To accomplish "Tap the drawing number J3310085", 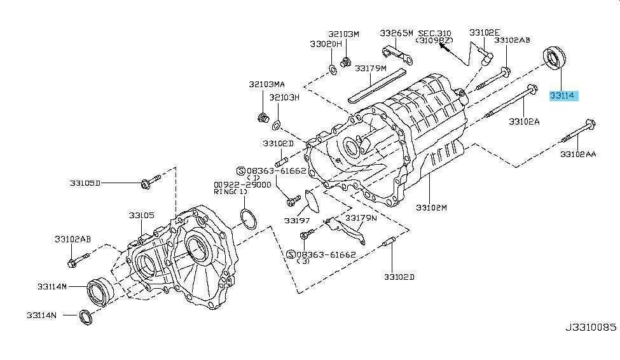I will tap(591, 328).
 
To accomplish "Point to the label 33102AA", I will tap(577, 155).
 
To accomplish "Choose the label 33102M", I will tap(432, 207).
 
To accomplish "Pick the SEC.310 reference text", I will tap(434, 32).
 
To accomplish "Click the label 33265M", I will tap(397, 32).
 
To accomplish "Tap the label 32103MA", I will tap(267, 84).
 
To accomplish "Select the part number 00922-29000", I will tap(242, 184).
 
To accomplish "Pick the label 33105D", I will tap(85, 183).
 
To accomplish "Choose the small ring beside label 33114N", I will tap(84, 315).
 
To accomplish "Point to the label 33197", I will tap(296, 221).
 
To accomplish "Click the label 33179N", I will tap(361, 218).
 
